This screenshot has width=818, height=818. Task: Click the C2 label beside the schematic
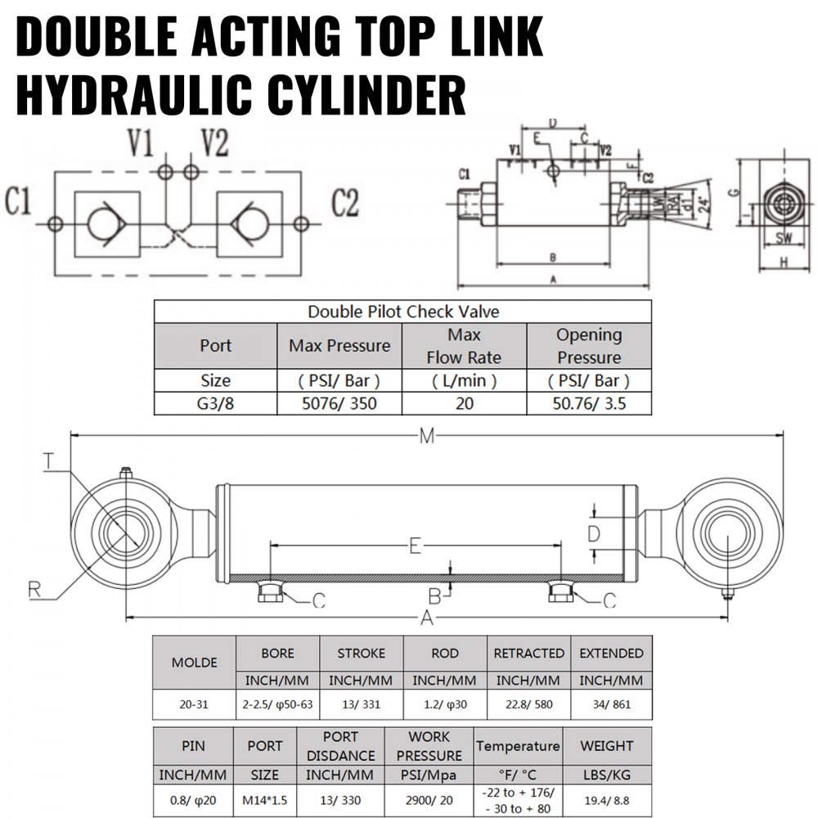point(345,202)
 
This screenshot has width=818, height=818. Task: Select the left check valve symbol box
point(105,222)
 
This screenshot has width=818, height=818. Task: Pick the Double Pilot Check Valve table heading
point(403,312)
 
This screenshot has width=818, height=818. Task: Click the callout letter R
point(34,587)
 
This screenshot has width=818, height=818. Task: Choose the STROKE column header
point(361,654)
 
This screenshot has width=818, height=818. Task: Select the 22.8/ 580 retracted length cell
point(528,704)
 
